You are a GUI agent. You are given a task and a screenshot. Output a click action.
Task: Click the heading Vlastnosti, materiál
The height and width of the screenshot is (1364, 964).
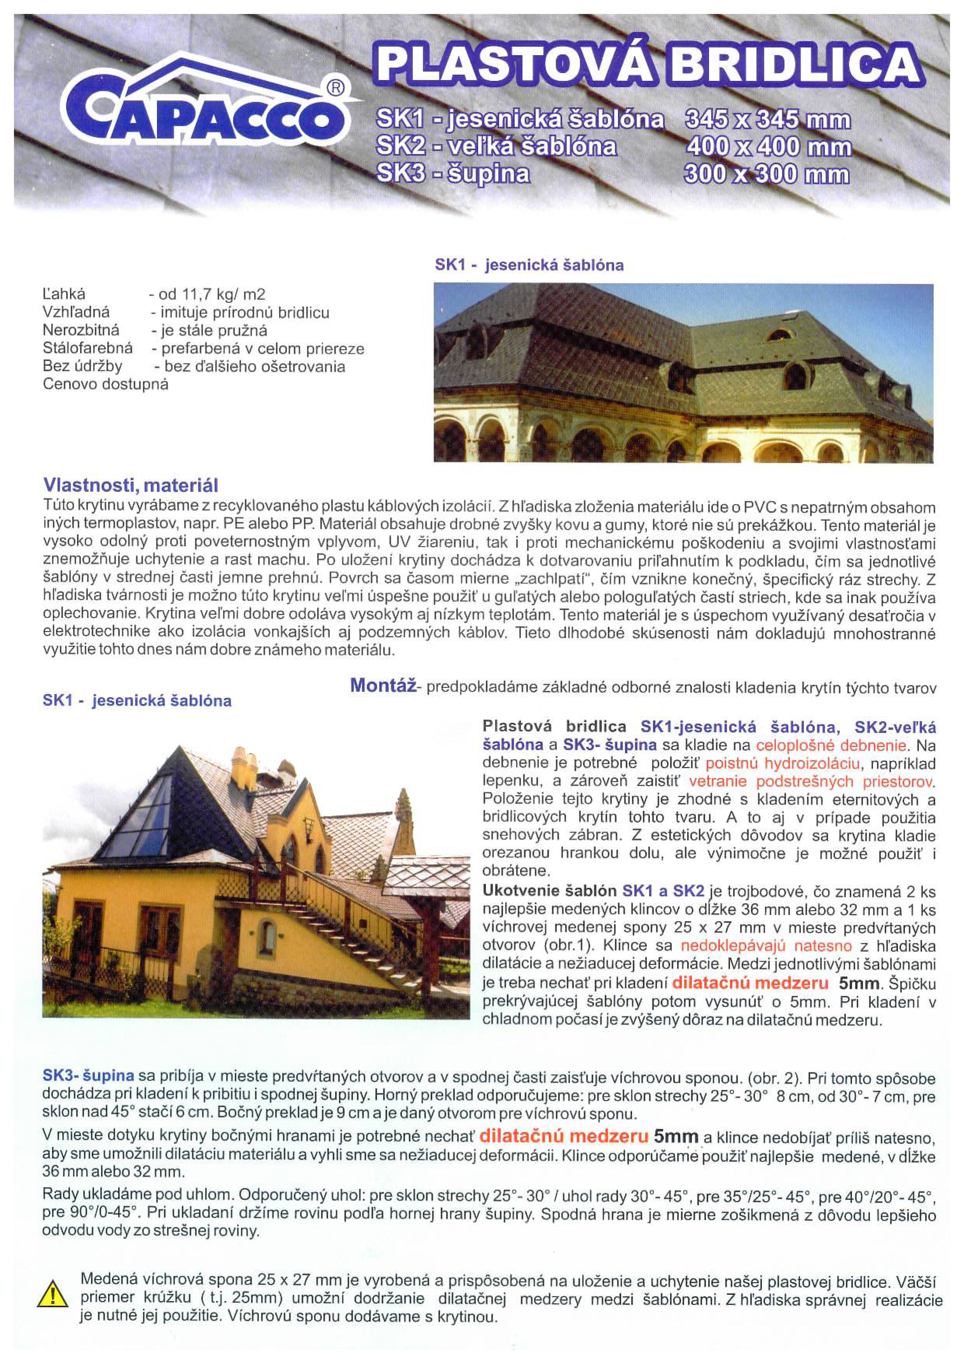131,485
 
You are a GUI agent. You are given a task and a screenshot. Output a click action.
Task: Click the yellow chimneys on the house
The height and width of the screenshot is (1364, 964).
243,769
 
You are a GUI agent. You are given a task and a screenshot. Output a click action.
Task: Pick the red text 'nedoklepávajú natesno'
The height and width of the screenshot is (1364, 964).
766,946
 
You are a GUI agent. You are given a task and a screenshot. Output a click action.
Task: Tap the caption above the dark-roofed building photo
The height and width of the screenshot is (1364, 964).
528,265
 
